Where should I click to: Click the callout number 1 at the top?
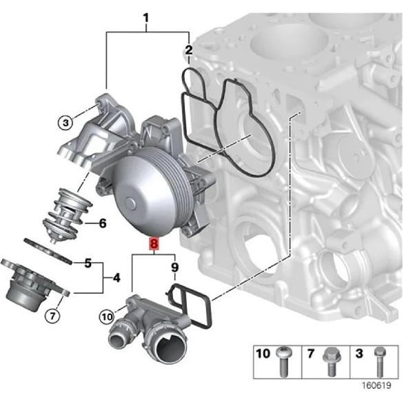pyautogui.click(x=146, y=16)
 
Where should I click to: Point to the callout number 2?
pyautogui.click(x=188, y=50)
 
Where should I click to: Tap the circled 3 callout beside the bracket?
pyautogui.click(x=64, y=123)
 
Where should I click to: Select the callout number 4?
pyautogui.click(x=117, y=278)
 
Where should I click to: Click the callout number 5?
pyautogui.click(x=88, y=263)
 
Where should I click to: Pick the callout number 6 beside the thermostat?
pyautogui.click(x=102, y=223)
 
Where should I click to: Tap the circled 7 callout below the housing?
pyautogui.click(x=52, y=316)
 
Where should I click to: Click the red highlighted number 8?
pyautogui.click(x=153, y=243)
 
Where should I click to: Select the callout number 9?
pyautogui.click(x=174, y=266)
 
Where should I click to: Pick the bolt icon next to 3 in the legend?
pyautogui.click(x=378, y=362)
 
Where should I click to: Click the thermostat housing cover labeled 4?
pyautogui.click(x=31, y=286)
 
